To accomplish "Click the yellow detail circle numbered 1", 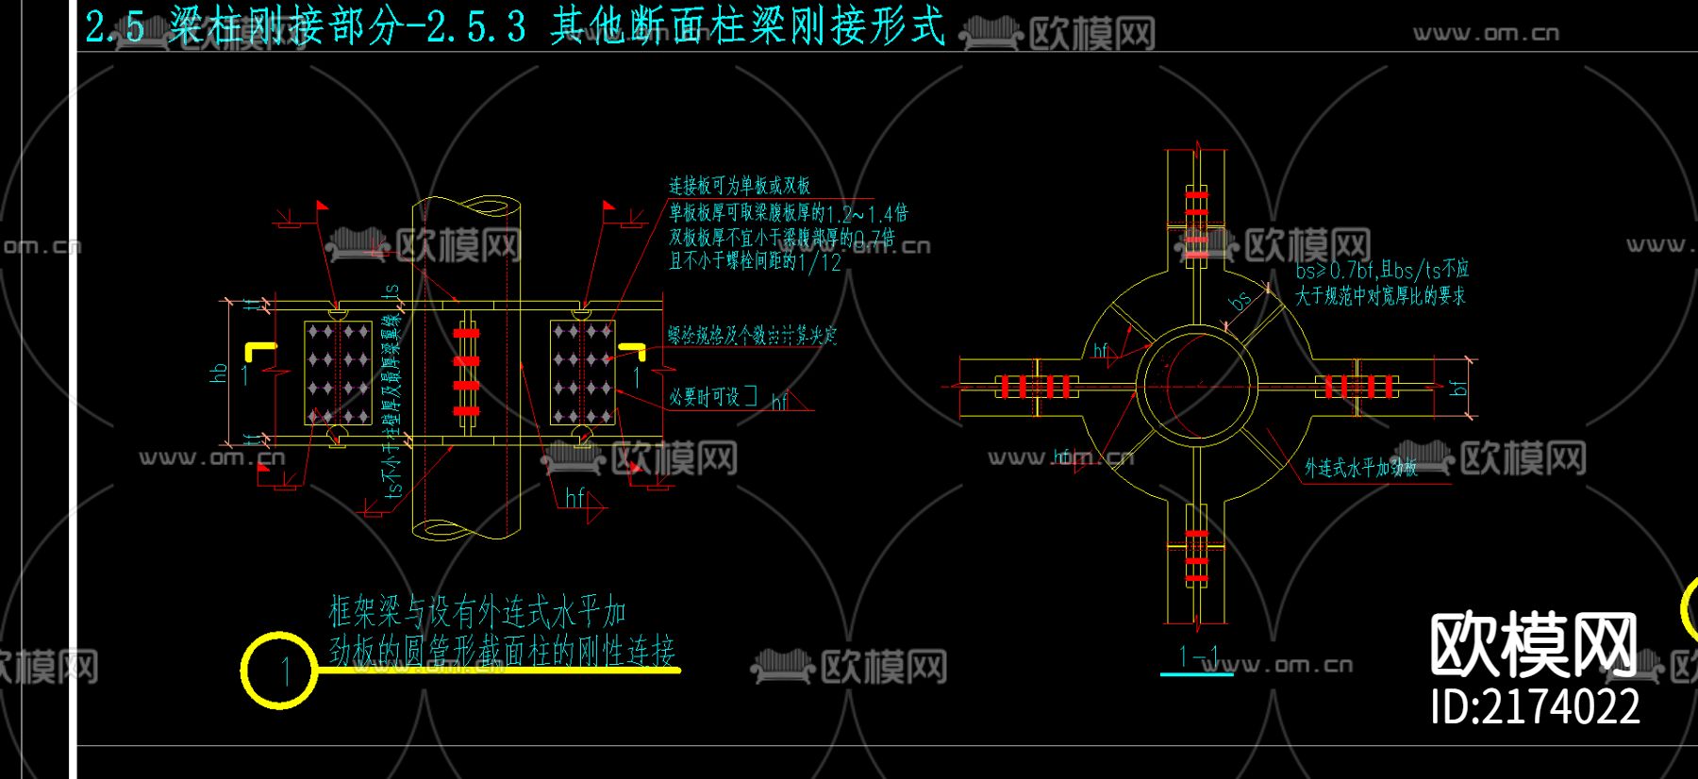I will [279, 671].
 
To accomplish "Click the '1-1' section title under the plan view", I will [1198, 656].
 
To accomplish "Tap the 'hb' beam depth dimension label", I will [220, 373].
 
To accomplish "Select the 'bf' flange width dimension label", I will [1458, 387].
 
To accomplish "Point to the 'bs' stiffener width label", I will [1240, 301].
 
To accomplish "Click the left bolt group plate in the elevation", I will [338, 373].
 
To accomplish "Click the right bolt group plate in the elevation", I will [582, 373].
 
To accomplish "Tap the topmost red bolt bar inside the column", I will [466, 333].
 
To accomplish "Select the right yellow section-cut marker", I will [630, 352].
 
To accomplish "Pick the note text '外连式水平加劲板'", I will [1360, 468].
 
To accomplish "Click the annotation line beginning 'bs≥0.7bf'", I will [1381, 270].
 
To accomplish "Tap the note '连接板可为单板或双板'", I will [740, 186].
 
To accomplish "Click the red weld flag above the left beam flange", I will [322, 205].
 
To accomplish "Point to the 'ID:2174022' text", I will [1535, 706].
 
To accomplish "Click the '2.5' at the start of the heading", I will [115, 26].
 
